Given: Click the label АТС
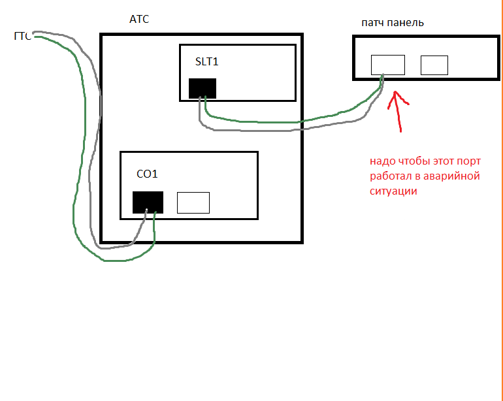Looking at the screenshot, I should pos(139,20).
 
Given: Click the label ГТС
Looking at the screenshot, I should pos(23,36).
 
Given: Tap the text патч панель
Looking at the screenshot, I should pos(393,23).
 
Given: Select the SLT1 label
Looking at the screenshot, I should pos(206,62).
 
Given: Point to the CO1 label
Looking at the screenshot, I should pos(147,174).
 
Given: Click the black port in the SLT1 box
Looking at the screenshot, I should pos(203,88).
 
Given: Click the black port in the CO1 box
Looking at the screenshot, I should pos(148,202).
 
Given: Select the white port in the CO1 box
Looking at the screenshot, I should pos(193,202).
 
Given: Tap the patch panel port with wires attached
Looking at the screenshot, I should pos(388,65).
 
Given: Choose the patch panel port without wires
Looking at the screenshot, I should pos(434,65).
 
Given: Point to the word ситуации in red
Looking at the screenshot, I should pos(393,191).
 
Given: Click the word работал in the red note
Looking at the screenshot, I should pos(391,176).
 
